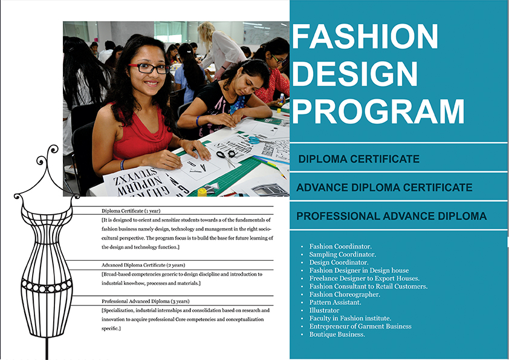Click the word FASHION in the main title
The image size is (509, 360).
365,36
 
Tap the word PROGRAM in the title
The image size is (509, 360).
378,111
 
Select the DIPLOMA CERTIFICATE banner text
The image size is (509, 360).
358,159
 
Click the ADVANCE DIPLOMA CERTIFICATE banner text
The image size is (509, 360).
384,188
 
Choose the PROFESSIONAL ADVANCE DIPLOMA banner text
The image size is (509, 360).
392,216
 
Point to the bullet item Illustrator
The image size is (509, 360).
324,310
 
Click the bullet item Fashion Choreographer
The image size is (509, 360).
345,295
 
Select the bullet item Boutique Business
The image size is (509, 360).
337,335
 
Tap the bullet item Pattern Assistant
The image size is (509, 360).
335,302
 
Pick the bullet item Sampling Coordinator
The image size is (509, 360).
343,254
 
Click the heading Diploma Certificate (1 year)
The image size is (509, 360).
131,211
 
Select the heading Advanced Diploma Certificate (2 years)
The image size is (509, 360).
143,265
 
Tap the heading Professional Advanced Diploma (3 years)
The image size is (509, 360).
146,301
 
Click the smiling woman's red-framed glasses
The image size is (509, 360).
149,68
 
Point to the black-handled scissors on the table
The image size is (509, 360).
226,157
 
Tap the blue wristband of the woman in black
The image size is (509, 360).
197,121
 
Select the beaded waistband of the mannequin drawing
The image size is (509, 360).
47,286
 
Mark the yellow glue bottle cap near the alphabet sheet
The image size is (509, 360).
202,192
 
